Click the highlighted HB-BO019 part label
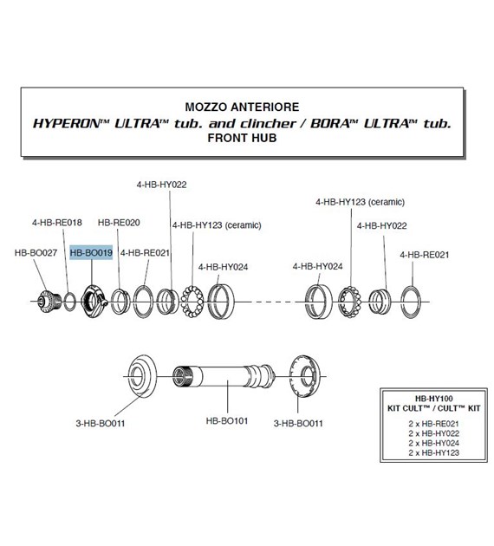91,252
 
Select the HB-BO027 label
36,252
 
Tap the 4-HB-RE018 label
57,223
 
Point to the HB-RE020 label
119,223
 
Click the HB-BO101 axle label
227,420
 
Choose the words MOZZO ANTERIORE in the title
242,107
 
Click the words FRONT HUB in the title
242,138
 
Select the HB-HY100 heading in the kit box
434,399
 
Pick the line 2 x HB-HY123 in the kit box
434,452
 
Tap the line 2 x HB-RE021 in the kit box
434,424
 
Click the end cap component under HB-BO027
46,302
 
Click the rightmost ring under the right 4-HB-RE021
402,302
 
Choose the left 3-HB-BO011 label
101,424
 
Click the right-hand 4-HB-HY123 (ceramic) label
360,202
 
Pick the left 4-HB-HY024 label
223,267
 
